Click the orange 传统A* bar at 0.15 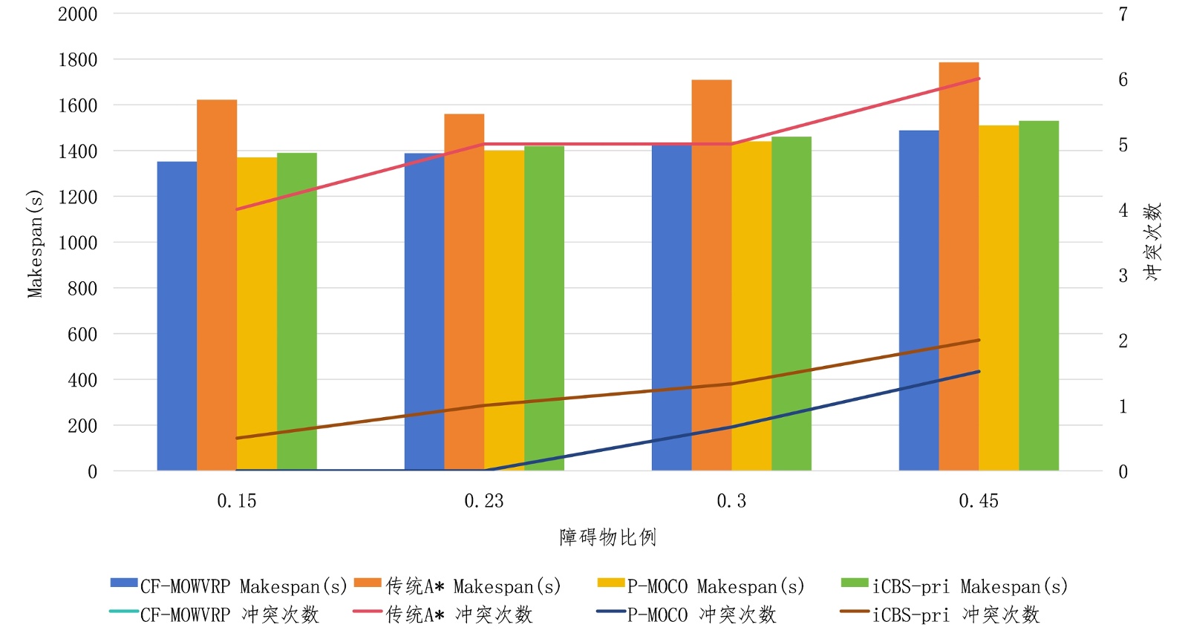(x=217, y=286)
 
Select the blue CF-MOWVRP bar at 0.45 (x=918, y=301)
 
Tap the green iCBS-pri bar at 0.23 (x=544, y=308)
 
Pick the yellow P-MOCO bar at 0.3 (x=751, y=306)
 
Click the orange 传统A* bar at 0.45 (x=959, y=267)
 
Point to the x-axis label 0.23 (x=484, y=502)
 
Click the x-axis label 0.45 (x=979, y=502)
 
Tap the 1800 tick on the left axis (x=77, y=60)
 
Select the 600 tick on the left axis (x=82, y=335)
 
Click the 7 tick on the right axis (x=1123, y=14)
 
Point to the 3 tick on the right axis (x=1123, y=276)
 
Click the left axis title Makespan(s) (x=35, y=243)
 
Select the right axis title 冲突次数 (x=1152, y=242)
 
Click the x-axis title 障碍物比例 (x=607, y=537)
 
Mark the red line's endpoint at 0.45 (x=979, y=79)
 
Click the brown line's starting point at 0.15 (x=237, y=439)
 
